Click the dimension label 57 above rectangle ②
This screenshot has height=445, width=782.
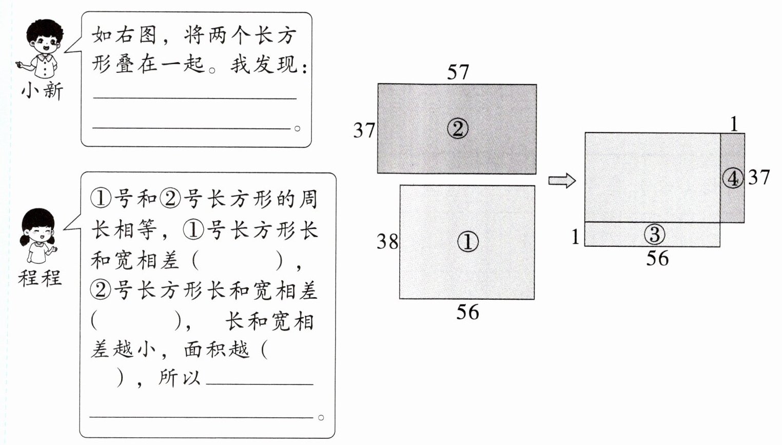pos(458,72)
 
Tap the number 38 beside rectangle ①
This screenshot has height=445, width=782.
pos(387,241)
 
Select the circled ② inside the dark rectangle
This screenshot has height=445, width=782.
pos(457,128)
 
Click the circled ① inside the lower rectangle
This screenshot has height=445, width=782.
pos(467,242)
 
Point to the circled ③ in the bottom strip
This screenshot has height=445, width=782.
pos(654,235)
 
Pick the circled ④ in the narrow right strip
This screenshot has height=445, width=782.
pos(732,178)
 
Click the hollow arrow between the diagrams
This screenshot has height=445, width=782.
pos(562,181)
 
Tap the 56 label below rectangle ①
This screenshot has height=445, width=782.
pos(467,312)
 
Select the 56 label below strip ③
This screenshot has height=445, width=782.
pos(657,259)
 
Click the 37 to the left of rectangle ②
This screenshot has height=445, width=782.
pos(364,130)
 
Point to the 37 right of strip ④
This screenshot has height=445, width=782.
pos(758,178)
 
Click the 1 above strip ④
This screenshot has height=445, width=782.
pos(734,124)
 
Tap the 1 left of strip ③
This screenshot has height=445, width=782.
pos(576,237)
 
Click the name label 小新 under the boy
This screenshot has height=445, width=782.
pos(42,91)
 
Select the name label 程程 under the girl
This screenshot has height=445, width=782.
pos(40,278)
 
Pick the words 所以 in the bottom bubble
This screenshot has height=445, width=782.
pos(180,378)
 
